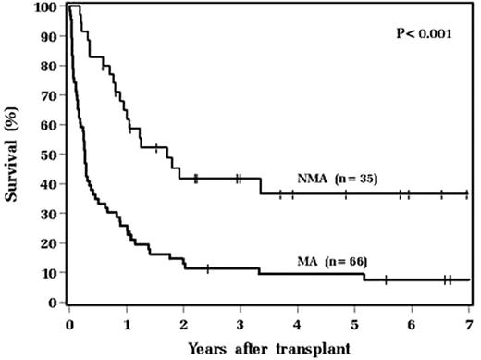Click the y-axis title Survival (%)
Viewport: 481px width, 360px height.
(13, 153)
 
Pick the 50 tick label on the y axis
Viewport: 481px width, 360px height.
(49, 155)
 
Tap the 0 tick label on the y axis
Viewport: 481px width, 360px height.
(53, 302)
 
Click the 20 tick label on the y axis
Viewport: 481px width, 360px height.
(49, 242)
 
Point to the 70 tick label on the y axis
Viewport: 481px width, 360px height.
(49, 95)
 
